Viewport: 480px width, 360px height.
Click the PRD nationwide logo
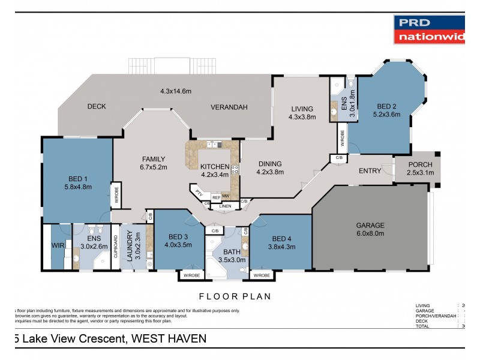[429, 30]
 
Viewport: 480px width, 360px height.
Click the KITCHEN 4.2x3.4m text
[214, 170]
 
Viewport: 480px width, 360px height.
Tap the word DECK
[97, 107]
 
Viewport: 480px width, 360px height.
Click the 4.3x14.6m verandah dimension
[175, 91]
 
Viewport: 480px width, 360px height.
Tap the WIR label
[57, 245]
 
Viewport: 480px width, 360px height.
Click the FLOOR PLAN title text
[235, 296]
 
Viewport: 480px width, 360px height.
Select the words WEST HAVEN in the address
[169, 339]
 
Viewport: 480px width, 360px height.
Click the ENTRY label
[370, 171]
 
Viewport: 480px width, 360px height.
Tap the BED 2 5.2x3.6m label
[386, 109]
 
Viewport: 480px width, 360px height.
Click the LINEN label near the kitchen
[225, 206]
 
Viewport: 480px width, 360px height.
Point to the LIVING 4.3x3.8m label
[302, 113]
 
